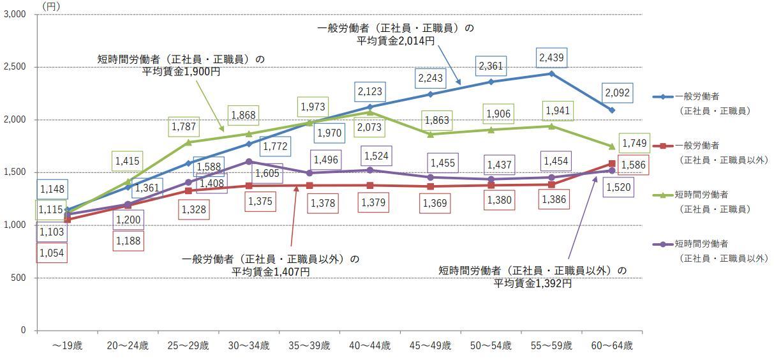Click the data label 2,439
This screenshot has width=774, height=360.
551,57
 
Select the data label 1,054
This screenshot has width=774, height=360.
52,253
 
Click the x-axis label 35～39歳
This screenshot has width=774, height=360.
309,346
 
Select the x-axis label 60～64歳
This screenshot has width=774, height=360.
612,346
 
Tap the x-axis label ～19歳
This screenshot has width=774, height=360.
68,346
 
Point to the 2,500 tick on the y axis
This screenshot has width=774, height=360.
15,67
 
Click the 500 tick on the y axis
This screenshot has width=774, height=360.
20,278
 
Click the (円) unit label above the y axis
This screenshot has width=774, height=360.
52,5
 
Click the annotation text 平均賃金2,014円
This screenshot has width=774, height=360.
396,40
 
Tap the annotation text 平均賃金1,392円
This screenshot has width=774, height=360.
532,283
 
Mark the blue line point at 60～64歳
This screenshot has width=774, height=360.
612,110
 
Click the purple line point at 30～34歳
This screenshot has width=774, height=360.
249,161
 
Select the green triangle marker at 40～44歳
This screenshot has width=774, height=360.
370,112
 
